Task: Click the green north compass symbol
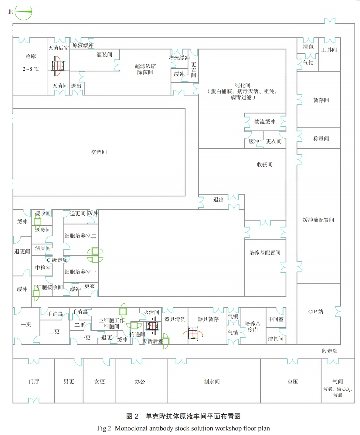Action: click(x=23, y=12)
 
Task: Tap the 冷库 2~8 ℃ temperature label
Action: click(x=31, y=69)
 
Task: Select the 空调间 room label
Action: click(x=99, y=152)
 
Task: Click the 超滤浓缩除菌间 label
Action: click(x=145, y=69)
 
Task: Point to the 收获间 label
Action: click(x=264, y=164)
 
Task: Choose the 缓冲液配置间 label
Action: click(x=318, y=220)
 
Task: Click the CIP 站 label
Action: click(x=316, y=312)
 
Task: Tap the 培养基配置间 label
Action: click(x=264, y=253)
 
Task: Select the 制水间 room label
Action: click(x=212, y=381)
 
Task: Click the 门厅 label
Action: click(x=34, y=381)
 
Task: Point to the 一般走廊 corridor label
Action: click(x=327, y=351)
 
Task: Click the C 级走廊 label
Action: click(x=57, y=260)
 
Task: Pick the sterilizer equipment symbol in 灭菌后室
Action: click(x=58, y=66)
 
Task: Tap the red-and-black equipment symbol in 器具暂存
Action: click(x=193, y=333)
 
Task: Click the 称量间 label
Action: click(x=321, y=139)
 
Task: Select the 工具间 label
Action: click(x=329, y=49)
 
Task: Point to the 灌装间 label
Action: click(x=104, y=55)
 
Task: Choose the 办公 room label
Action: click(x=140, y=381)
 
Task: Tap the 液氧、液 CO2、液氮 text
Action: click(x=338, y=392)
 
